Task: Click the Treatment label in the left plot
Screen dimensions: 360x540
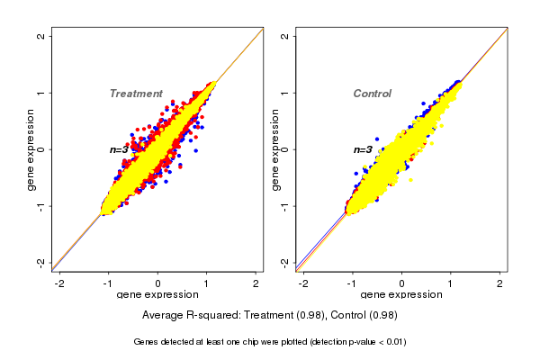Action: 136,94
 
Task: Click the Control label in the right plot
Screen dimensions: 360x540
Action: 372,94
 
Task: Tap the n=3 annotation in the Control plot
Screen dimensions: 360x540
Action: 363,150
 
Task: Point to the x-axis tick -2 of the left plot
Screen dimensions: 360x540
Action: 60,283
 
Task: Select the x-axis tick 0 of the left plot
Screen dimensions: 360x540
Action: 158,283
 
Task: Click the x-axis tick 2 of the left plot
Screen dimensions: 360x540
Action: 256,283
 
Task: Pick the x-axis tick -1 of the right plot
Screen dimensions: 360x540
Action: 353,283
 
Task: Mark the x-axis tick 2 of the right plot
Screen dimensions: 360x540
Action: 500,283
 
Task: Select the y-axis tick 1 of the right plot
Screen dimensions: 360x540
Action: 284,93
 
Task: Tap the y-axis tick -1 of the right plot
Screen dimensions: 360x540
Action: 284,206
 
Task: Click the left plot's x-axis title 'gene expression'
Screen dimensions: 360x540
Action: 158,295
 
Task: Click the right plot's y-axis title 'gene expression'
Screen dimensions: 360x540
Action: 274,149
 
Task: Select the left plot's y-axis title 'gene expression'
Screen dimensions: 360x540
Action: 31,149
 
